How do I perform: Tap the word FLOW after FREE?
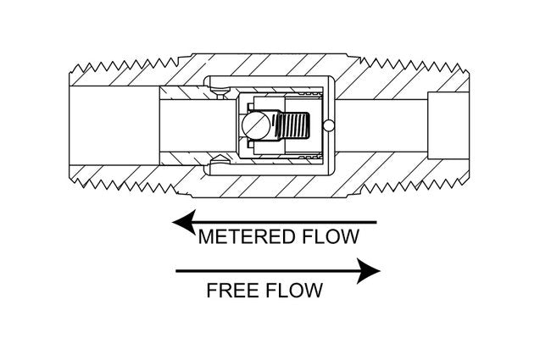coord(292,291)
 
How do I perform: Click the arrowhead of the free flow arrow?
coord(368,272)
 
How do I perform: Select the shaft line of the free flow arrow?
coord(263,272)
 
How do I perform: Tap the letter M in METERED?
coord(205,237)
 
